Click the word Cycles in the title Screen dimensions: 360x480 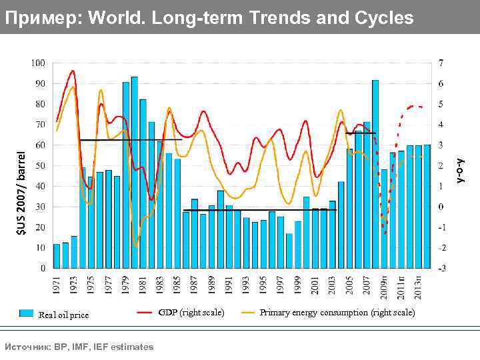click(383, 18)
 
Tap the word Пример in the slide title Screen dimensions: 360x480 click(41, 18)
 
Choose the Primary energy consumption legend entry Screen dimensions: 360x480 click(337, 312)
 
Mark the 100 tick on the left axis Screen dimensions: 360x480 click(38, 63)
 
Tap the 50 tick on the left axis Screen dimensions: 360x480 click(40, 165)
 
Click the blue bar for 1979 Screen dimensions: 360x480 click(126, 175)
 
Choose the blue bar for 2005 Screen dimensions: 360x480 click(350, 208)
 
